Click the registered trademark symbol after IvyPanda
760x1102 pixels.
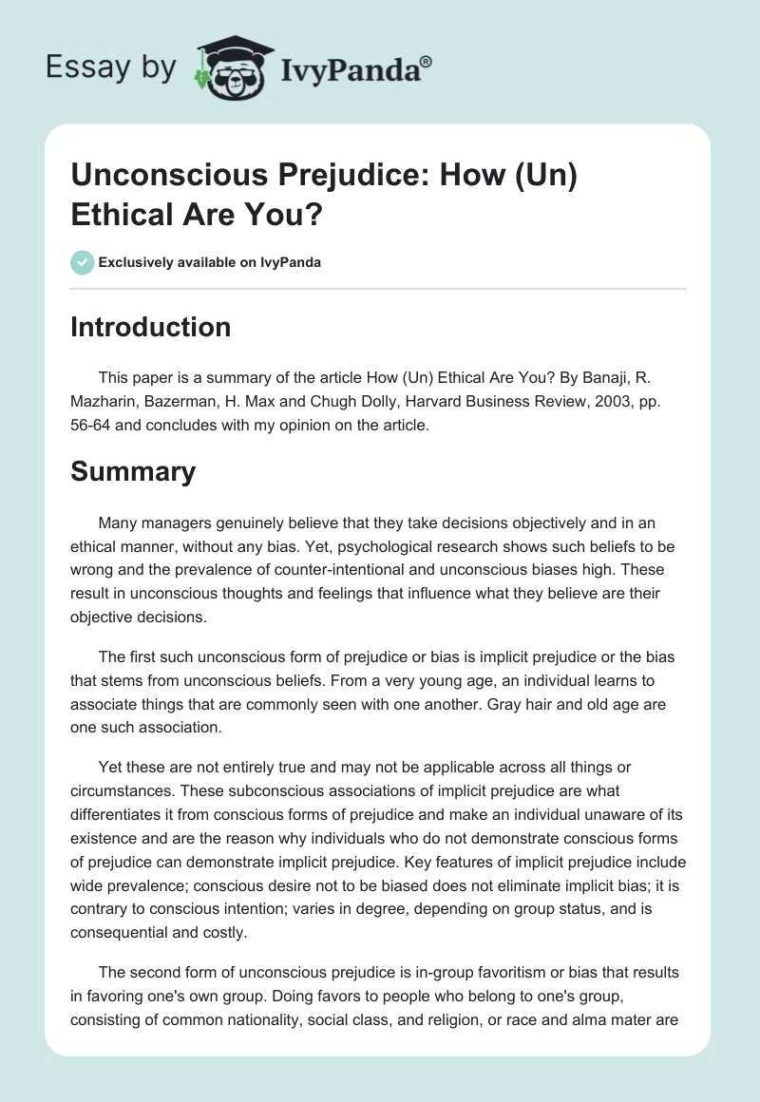[427, 62]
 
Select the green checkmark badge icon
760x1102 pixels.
[82, 262]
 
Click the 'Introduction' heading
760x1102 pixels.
[151, 327]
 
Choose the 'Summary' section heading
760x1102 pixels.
[133, 470]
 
